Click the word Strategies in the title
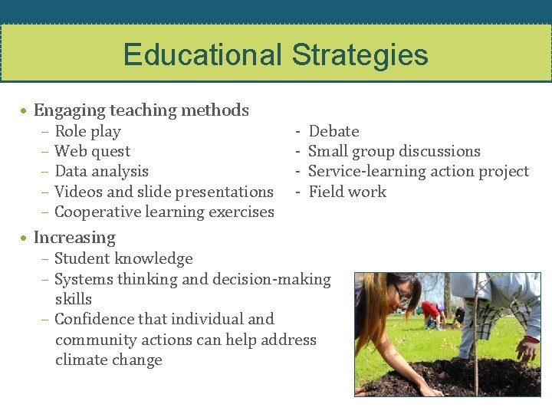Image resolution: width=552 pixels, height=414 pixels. click(360, 55)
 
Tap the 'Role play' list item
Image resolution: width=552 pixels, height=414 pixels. click(87, 131)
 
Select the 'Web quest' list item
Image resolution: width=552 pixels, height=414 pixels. click(92, 151)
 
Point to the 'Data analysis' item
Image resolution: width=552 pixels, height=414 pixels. click(101, 171)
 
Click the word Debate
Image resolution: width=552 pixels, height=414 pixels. click(333, 131)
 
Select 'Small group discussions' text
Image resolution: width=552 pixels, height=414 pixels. click(394, 151)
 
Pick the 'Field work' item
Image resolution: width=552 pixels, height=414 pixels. click(347, 192)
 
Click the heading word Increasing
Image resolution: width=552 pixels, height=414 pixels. click(74, 238)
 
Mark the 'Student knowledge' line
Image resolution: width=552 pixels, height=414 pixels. click(123, 258)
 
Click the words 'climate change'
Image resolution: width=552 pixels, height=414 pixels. click(108, 360)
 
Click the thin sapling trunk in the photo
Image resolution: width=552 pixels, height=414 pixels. click(476, 337)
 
